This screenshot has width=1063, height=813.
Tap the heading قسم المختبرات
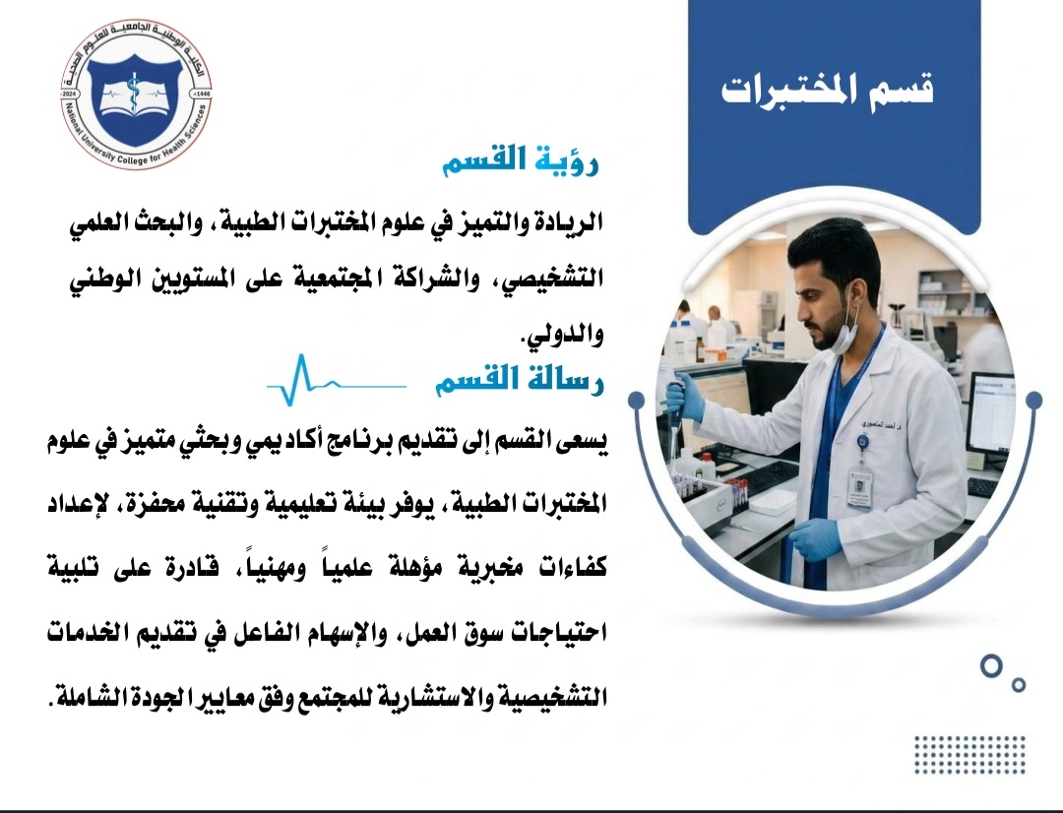point(828,90)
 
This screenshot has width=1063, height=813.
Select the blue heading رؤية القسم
point(521,160)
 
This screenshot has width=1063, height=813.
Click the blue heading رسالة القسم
point(519,380)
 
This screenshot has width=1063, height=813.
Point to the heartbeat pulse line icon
point(337,380)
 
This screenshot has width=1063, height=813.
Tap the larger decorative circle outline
point(991,666)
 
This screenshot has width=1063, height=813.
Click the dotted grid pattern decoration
point(969,755)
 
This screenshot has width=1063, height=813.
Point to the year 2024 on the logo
point(71,92)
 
